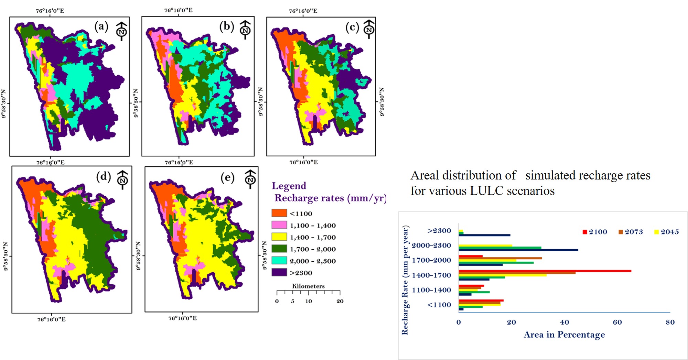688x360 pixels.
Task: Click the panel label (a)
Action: (x=101, y=26)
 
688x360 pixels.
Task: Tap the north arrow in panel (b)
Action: (x=245, y=30)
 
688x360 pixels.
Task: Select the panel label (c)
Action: (x=352, y=28)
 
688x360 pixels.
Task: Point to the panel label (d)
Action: (x=103, y=177)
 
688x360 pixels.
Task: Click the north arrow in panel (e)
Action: (x=250, y=179)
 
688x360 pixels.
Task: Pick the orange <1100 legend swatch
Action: (x=279, y=213)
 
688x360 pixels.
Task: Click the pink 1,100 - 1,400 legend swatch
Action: (x=279, y=225)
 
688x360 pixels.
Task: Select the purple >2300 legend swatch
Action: (x=279, y=272)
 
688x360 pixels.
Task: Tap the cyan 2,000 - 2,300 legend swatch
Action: (x=279, y=260)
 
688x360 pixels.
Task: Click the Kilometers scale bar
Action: (x=308, y=292)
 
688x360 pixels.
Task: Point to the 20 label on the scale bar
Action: (x=340, y=301)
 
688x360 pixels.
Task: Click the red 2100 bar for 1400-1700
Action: (x=545, y=271)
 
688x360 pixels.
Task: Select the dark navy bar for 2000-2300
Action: (x=518, y=250)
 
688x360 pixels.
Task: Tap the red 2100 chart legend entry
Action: (x=595, y=232)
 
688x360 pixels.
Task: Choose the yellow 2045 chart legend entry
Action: (x=666, y=232)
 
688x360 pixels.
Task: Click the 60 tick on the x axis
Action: (x=617, y=322)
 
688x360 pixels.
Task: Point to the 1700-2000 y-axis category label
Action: (x=431, y=260)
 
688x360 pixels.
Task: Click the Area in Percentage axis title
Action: (x=564, y=335)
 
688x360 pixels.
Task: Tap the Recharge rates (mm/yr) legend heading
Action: (x=330, y=198)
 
